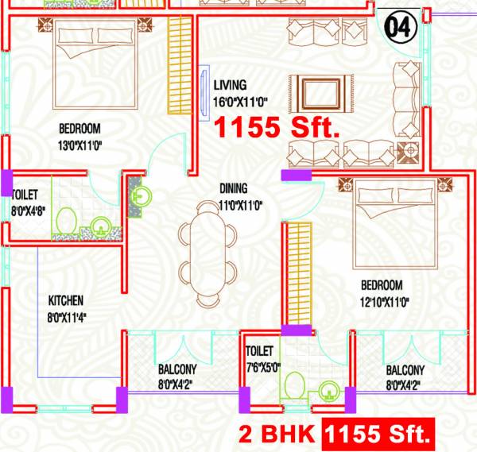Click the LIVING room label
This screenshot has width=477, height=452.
230,85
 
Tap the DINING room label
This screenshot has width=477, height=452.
234,189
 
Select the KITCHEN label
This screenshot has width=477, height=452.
66,301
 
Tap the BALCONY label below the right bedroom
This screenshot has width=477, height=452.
405,370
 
